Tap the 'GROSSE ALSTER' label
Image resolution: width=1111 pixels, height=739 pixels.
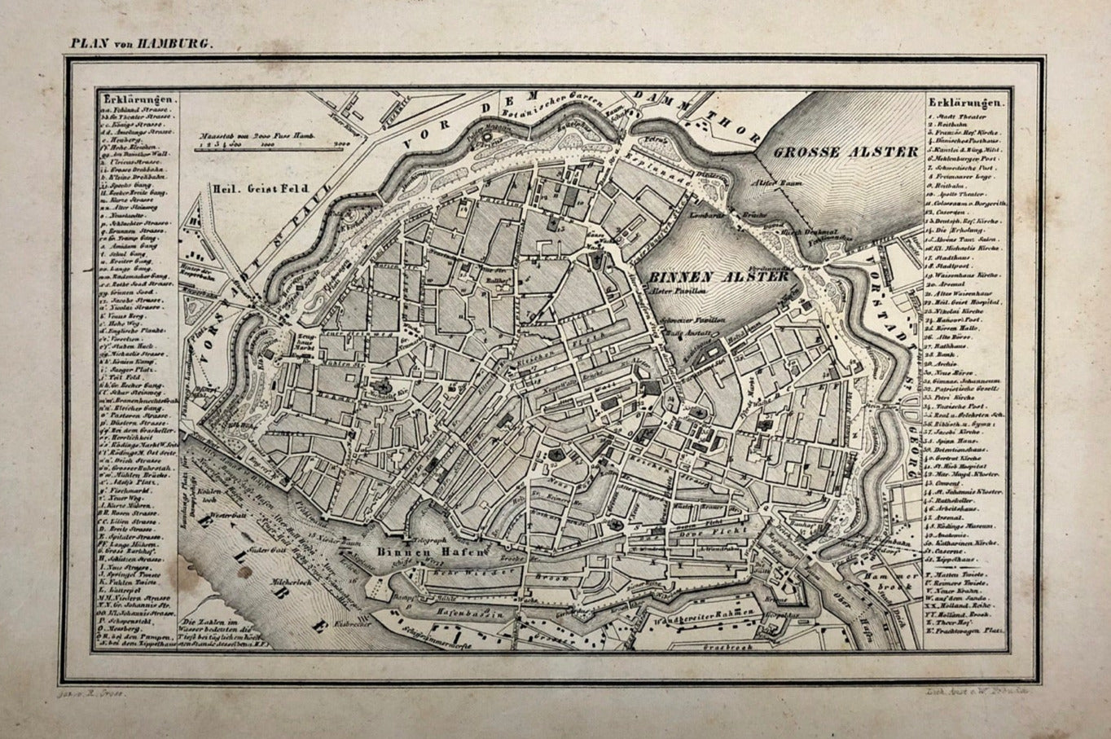[846, 152]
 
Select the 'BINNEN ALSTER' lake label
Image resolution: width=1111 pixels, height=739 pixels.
[718, 276]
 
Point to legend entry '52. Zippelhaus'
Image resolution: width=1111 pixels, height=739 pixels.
[957, 561]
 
